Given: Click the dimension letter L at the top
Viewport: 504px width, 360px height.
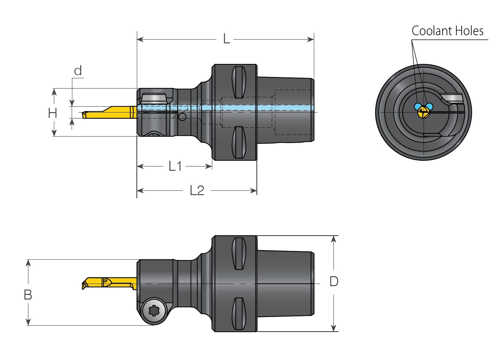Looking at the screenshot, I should tap(226, 39).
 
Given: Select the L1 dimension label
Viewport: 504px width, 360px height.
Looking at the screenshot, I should tap(175, 166).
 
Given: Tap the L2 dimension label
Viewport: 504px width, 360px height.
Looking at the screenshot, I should tap(197, 190).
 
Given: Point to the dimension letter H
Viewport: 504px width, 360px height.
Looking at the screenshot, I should tap(52, 113).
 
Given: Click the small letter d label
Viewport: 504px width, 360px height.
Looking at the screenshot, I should tap(78, 71).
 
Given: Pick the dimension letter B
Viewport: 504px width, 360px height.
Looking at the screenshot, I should tap(28, 295).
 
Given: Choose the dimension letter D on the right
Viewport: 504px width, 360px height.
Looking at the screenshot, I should tap(334, 281).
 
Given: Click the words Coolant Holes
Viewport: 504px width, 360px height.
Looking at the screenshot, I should tap(447, 31).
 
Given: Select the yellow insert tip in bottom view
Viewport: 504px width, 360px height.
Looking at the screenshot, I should tap(85, 285).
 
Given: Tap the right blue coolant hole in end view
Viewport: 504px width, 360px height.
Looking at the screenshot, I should tap(430, 106).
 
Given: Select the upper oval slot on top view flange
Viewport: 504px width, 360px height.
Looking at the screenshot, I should tap(239, 82).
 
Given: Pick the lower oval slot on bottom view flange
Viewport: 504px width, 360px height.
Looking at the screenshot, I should tap(239, 313).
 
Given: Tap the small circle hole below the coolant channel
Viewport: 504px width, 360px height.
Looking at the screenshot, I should tap(182, 117).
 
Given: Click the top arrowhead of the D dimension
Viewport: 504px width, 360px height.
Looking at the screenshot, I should tap(334, 239).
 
